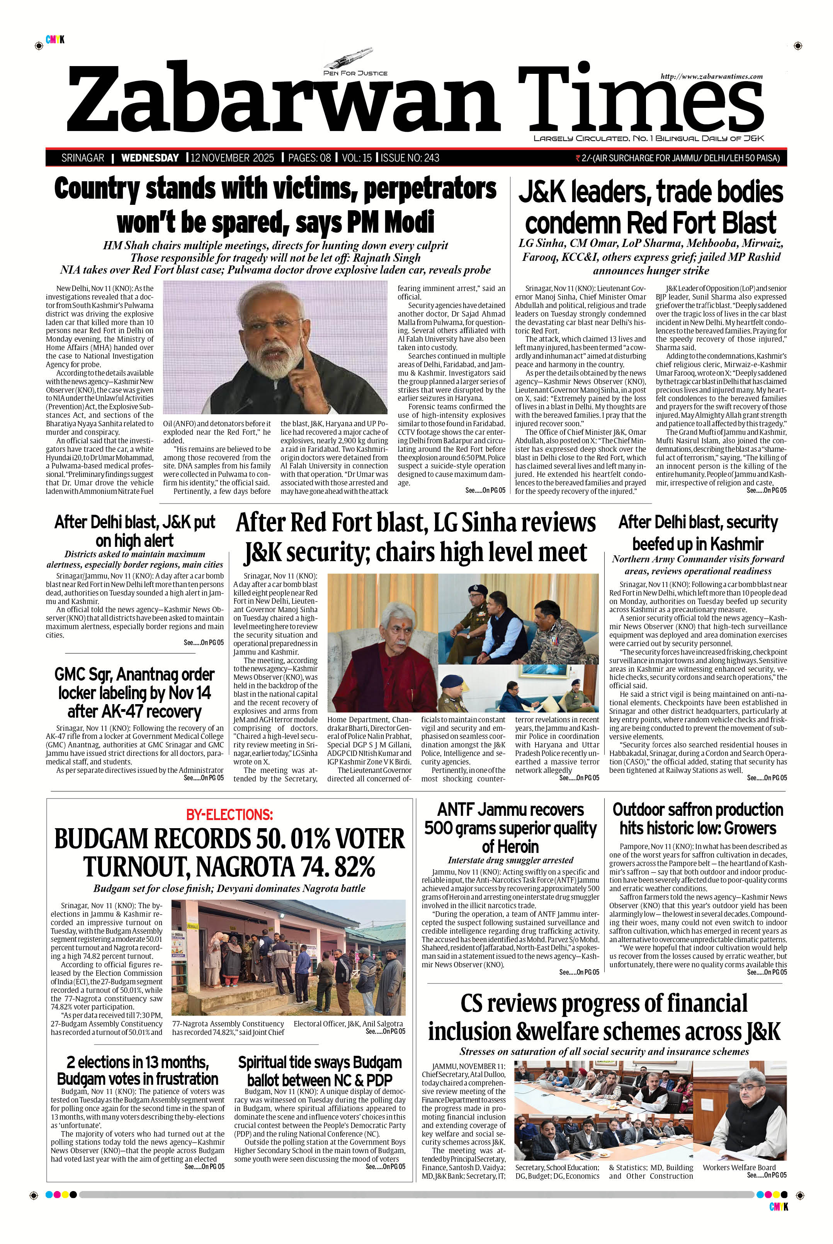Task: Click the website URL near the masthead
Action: coord(711,77)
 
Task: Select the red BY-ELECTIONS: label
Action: coord(229,815)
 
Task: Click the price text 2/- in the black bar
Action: coord(586,158)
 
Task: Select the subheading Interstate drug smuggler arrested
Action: coord(510,860)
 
